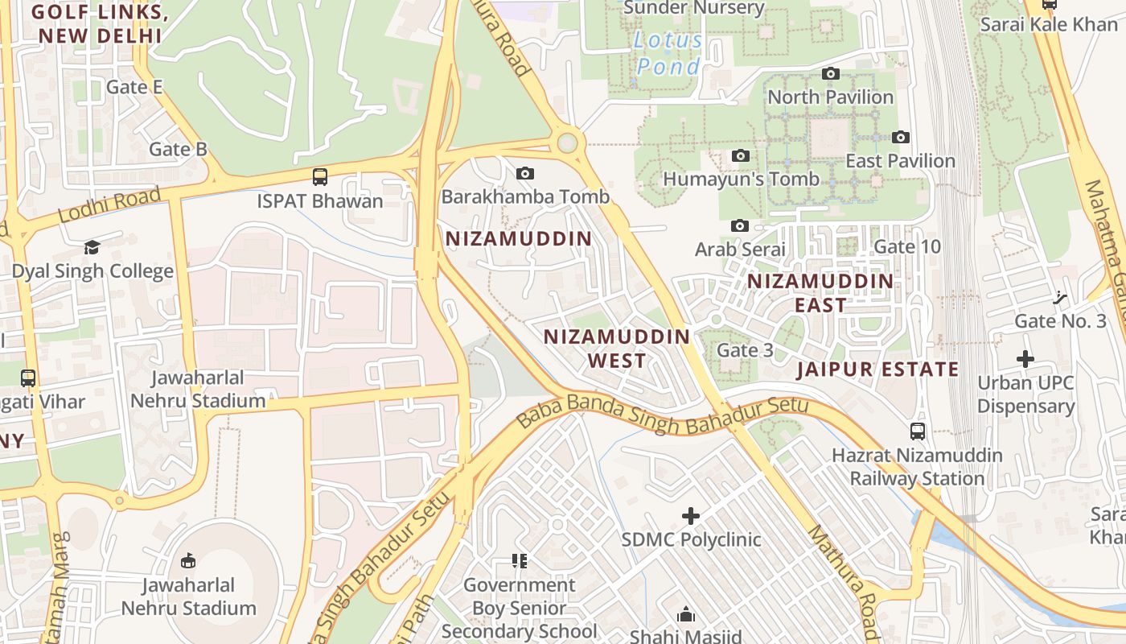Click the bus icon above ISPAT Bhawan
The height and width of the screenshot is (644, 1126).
click(x=319, y=176)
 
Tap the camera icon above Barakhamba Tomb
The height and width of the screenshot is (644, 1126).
click(x=525, y=173)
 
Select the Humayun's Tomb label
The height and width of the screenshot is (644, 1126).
click(x=740, y=179)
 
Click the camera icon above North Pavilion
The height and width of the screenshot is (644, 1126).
click(x=831, y=74)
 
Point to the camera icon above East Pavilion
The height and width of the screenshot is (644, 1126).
click(x=901, y=138)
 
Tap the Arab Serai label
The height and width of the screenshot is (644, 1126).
click(x=740, y=249)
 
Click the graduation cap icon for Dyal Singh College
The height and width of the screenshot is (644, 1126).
click(x=92, y=247)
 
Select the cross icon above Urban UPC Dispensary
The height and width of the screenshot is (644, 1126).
click(x=1025, y=359)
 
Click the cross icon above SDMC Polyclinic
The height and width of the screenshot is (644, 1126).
click(x=690, y=515)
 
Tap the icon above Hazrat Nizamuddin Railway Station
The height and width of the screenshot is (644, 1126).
click(x=917, y=431)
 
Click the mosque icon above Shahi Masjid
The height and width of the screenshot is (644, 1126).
click(x=686, y=614)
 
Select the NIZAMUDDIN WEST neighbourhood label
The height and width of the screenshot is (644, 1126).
click(x=617, y=348)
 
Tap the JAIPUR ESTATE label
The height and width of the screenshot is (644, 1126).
click(x=877, y=369)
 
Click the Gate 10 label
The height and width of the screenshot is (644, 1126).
click(x=906, y=246)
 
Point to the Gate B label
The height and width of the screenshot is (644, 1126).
click(x=178, y=149)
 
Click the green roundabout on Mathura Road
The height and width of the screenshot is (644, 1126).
click(x=568, y=143)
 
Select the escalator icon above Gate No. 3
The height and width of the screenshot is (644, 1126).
click(x=1061, y=298)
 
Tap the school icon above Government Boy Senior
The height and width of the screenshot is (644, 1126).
click(x=520, y=560)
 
